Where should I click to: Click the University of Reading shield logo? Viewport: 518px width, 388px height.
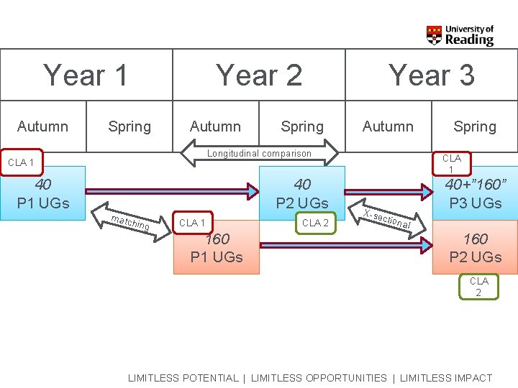coord(434,35)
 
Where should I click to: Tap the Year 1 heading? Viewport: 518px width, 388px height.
coord(86,75)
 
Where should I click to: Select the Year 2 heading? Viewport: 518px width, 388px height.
coord(259,75)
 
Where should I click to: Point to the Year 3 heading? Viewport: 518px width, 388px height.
coord(432,75)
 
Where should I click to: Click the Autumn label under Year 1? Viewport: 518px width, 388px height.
coord(42,126)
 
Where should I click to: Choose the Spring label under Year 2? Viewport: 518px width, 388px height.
coord(302,126)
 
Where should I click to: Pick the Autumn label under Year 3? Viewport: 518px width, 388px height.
coord(388,126)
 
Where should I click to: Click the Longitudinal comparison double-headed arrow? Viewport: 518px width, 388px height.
coord(259,153)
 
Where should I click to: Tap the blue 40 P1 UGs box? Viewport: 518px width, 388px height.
coord(43,193)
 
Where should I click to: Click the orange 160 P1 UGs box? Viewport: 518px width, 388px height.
coord(217,248)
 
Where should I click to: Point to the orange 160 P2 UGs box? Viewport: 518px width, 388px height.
coord(475,248)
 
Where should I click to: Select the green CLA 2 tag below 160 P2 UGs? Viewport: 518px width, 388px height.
coord(478,287)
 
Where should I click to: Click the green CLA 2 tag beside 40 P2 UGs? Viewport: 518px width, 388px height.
coord(315,223)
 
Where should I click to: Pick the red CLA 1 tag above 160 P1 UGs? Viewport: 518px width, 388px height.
coord(193,223)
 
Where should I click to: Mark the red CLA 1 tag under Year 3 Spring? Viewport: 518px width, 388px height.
coord(451,163)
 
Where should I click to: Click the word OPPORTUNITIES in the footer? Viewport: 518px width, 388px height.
coord(319,378)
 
